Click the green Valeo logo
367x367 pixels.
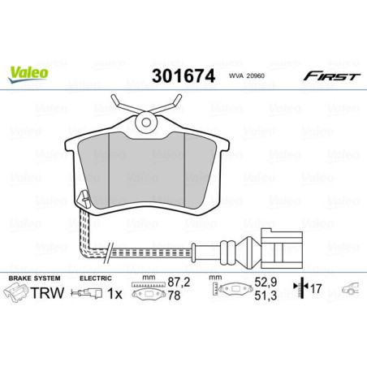(28, 72)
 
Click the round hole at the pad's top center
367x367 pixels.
(148, 123)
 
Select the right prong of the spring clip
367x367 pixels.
(174, 104)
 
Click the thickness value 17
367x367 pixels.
(316, 288)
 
